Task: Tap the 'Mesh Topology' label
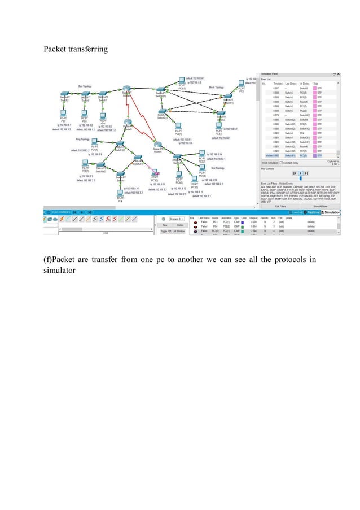click(216, 88)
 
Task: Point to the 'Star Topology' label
click(216, 168)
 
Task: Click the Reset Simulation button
click(270, 162)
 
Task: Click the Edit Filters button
click(281, 206)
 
